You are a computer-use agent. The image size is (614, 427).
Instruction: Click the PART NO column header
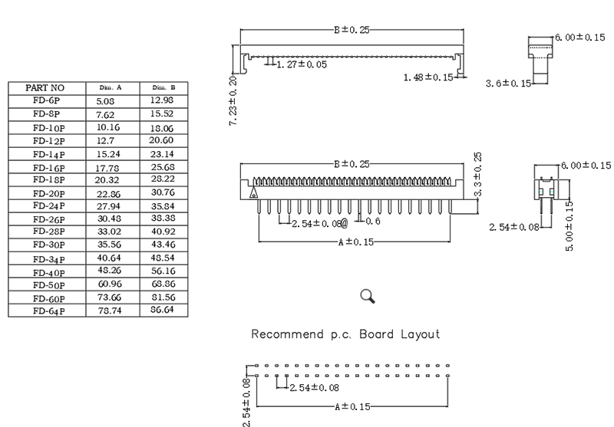45,88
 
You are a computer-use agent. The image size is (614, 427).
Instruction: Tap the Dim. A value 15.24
107,153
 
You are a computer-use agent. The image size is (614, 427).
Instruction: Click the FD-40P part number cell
48,272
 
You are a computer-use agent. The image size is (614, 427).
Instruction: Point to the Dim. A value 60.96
107,285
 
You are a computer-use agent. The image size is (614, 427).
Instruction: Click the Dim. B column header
163,88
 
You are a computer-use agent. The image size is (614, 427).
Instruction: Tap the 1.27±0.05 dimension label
302,65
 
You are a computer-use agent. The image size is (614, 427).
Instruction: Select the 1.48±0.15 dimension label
428,77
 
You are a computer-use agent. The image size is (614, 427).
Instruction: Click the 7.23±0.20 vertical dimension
233,100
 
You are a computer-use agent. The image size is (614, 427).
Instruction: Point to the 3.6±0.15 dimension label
507,83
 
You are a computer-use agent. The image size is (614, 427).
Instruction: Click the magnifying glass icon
368,296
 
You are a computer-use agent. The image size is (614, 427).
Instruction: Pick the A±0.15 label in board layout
353,406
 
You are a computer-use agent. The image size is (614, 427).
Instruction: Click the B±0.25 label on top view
352,30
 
